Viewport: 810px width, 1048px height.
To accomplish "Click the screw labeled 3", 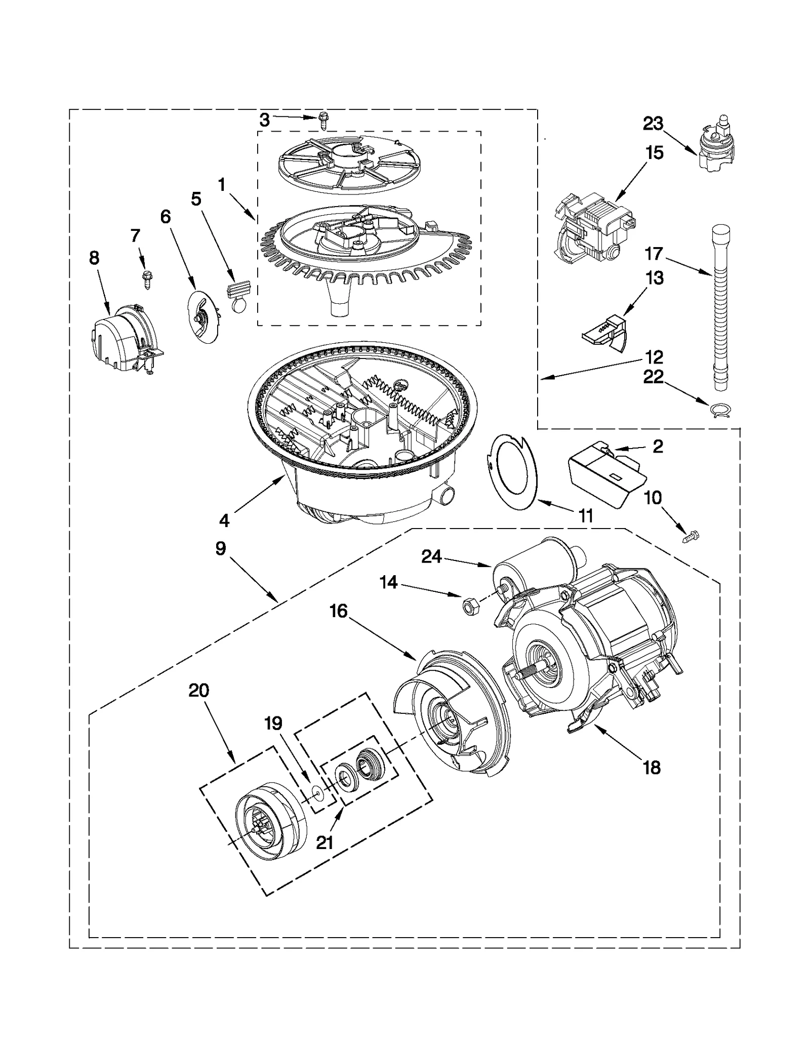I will coord(322,122).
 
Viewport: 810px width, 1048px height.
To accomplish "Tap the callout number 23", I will coord(653,124).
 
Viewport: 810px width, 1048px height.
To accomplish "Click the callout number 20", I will coord(199,691).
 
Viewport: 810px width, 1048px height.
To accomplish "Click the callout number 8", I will coord(94,258).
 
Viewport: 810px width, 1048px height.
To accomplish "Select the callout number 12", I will coord(654,357).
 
